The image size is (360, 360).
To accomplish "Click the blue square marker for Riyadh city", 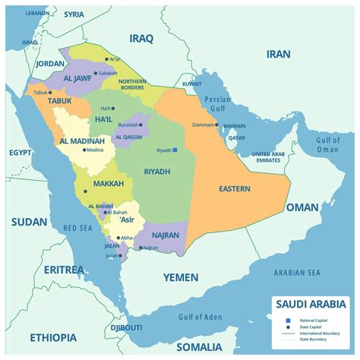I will pyautogui.click(x=175, y=150).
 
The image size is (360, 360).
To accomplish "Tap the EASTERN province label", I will pyautogui.click(x=234, y=188).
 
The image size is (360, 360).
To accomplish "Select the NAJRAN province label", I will pyautogui.click(x=166, y=235).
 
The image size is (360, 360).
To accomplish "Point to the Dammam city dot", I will pyautogui.click(x=216, y=125).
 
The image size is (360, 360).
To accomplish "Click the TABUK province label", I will pyautogui.click(x=59, y=100).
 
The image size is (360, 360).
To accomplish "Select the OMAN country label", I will pyautogui.click(x=302, y=207).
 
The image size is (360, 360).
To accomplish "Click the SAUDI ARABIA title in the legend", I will pyautogui.click(x=310, y=305).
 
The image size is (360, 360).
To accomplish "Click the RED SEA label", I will pyautogui.click(x=77, y=228).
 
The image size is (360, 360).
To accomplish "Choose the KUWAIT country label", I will pyautogui.click(x=192, y=84).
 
